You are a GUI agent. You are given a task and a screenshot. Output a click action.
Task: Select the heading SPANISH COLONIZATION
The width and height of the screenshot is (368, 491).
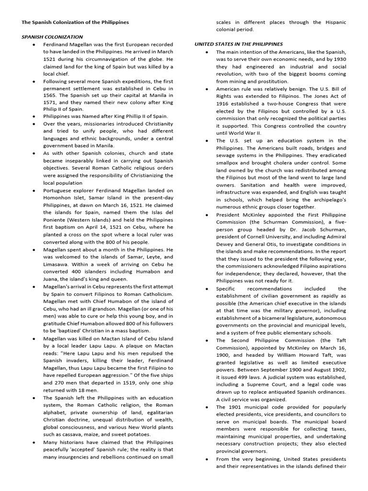[x=51, y=36]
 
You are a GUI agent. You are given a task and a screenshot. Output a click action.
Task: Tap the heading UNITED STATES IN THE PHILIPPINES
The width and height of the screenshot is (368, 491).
[x=238, y=44]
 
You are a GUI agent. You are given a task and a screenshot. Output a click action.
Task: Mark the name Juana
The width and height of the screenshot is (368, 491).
[x=51, y=279]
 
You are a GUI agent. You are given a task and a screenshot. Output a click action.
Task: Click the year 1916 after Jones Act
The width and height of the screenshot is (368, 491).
[x=224, y=103]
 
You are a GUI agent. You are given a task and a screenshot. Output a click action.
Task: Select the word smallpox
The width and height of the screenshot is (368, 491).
[x=230, y=163]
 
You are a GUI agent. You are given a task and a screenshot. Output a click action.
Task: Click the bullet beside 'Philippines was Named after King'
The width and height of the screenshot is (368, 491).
[x=34, y=117]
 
